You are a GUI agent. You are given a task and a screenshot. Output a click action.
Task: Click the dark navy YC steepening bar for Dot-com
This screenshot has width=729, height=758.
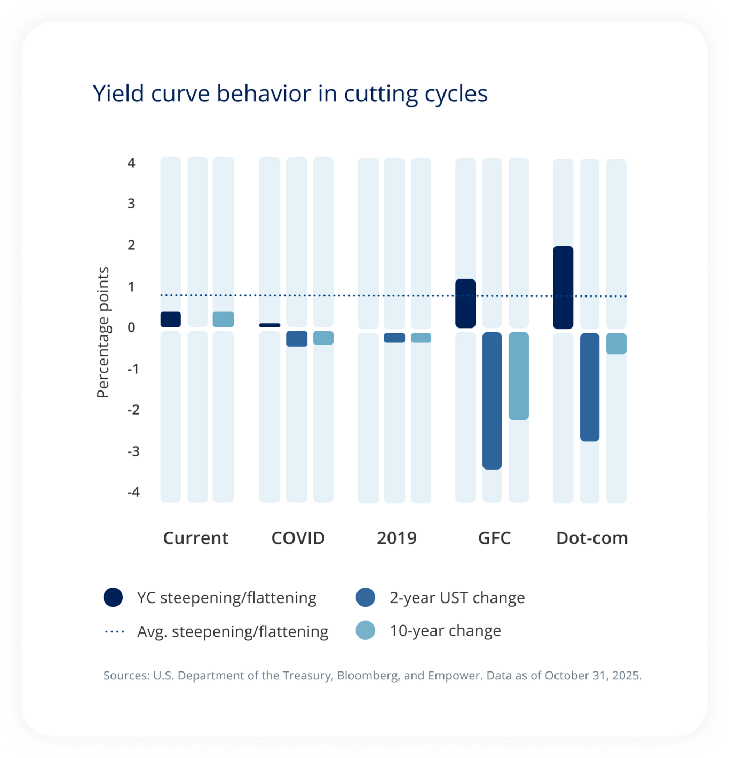(x=563, y=287)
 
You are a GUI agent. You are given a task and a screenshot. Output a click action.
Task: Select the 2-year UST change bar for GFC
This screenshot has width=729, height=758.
(x=492, y=401)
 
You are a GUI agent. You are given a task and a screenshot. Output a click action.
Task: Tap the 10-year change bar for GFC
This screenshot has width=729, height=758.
(x=519, y=376)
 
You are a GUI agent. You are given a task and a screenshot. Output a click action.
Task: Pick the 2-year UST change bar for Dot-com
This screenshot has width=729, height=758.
(x=590, y=387)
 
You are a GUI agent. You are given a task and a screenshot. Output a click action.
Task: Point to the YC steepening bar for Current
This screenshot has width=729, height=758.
(x=171, y=319)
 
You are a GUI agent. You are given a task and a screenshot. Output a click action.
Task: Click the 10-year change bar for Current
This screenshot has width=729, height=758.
(x=223, y=319)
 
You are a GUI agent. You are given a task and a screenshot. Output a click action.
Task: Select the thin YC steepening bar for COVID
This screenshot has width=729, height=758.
(x=270, y=325)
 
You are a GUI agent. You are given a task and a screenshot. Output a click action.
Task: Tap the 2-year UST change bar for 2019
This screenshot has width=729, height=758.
(x=394, y=338)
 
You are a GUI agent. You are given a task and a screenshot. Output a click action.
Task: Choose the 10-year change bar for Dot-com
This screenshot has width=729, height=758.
(x=616, y=343)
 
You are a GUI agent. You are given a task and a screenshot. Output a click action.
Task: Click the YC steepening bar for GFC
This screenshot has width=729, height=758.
(x=465, y=303)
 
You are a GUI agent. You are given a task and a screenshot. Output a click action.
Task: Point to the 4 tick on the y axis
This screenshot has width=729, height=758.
(x=131, y=162)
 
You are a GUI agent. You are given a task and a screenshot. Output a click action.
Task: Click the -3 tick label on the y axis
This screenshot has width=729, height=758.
(x=133, y=451)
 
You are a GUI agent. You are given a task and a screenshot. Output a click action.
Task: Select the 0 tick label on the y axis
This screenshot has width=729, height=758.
(x=131, y=327)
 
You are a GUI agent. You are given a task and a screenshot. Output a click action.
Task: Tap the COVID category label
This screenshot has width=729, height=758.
(x=298, y=537)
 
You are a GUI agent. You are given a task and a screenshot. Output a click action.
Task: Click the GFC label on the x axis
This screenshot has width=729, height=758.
(x=494, y=537)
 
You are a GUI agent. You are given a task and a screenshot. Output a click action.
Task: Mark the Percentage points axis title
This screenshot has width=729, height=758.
(x=102, y=332)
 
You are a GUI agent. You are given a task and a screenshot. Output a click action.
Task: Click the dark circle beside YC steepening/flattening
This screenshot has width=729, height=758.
(x=113, y=597)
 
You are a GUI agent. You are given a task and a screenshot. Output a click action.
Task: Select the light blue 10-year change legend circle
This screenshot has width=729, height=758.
(x=366, y=630)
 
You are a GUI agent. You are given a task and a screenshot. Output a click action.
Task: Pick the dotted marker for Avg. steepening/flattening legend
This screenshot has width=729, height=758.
(x=115, y=631)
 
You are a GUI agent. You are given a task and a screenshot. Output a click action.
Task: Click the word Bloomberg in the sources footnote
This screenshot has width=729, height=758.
(x=367, y=675)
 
